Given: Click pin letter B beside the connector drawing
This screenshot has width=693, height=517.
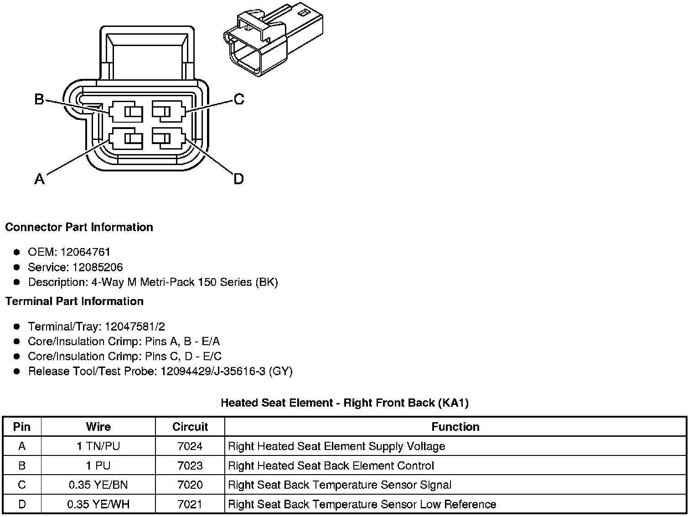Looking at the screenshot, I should pyautogui.click(x=39, y=99).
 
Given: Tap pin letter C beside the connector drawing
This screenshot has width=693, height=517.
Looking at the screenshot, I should pyautogui.click(x=239, y=99).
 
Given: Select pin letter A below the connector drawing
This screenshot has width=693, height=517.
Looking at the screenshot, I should pyautogui.click(x=40, y=179).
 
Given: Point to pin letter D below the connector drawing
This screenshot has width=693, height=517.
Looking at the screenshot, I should pyautogui.click(x=238, y=179).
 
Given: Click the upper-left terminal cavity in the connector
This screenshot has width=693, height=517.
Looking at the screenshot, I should pyautogui.click(x=126, y=112).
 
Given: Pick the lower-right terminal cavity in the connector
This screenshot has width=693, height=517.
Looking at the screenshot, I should pyautogui.click(x=168, y=139).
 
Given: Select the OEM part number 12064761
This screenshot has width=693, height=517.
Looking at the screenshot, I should pyautogui.click(x=85, y=252).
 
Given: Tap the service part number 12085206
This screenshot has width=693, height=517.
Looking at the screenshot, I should pyautogui.click(x=98, y=267).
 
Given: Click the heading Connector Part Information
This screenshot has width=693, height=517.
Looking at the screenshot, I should pyautogui.click(x=79, y=227).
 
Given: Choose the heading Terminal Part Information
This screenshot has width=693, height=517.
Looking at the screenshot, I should pyautogui.click(x=74, y=301).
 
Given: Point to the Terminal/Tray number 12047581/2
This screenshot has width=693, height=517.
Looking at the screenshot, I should pyautogui.click(x=135, y=326).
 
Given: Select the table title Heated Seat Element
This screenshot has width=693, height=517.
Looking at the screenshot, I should pyautogui.click(x=344, y=403).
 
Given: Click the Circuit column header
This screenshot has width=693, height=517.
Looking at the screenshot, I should pyautogui.click(x=190, y=427).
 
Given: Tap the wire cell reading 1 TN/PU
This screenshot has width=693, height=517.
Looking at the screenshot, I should pyautogui.click(x=98, y=446).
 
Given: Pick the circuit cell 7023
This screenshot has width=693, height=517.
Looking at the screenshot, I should pyautogui.click(x=190, y=465).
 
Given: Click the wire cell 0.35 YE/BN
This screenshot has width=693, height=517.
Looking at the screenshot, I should pyautogui.click(x=98, y=485).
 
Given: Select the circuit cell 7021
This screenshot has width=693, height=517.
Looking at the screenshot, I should pyautogui.click(x=190, y=504).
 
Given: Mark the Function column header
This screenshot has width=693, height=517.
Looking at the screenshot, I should pyautogui.click(x=455, y=427).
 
